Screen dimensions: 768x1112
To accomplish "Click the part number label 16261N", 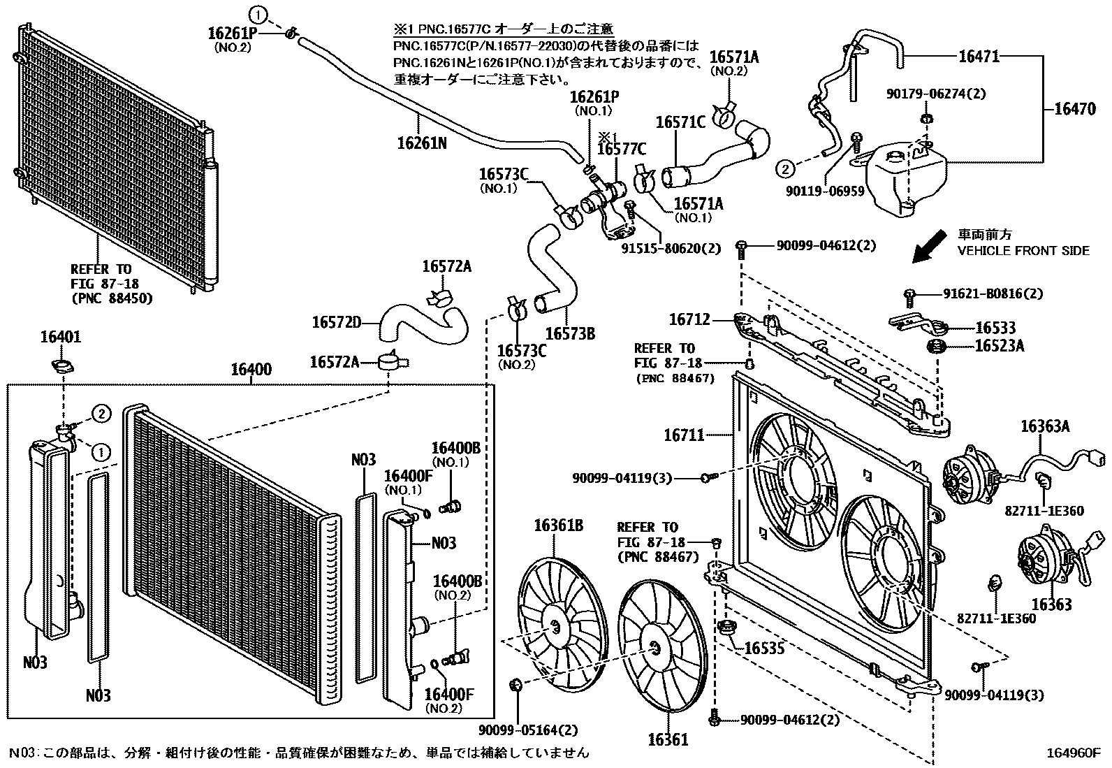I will coord(421,143).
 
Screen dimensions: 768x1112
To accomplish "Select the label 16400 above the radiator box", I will coord(251,370).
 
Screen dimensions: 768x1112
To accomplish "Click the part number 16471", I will coord(978,57).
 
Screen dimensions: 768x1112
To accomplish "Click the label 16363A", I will coord(1045,426).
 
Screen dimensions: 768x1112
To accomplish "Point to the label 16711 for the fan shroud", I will coord(684,435).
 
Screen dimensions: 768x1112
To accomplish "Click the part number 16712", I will coord(689,319).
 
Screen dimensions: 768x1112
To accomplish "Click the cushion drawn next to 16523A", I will coord(935,347).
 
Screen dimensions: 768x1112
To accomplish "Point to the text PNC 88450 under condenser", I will coord(111,298).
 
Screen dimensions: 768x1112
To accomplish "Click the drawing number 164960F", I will coord(1072,753).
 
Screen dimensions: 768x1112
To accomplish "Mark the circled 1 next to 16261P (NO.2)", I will coord(258,13).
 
